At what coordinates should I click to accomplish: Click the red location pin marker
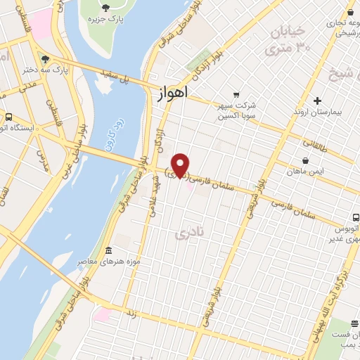click(x=181, y=165)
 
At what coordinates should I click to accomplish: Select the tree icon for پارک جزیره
click(x=105, y=8)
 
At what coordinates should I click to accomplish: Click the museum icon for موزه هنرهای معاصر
click(x=108, y=252)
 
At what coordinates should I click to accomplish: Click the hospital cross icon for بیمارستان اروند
click(x=318, y=101)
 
